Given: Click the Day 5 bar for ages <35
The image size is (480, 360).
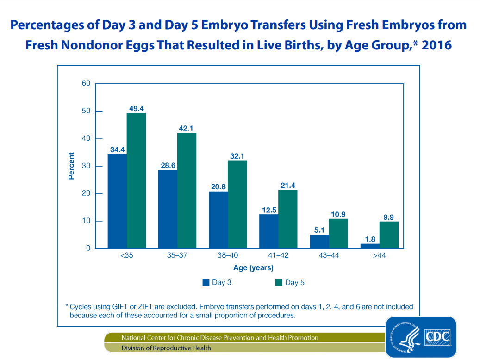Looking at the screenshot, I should pos(136,180).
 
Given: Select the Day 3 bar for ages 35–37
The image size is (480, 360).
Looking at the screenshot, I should pos(168,209).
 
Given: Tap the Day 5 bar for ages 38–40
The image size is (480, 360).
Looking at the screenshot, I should pos(237,204).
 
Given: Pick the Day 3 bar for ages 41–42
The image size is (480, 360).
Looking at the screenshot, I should pos(268,231).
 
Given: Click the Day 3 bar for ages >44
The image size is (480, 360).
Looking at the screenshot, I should pos(369,246).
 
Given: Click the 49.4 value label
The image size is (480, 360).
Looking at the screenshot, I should pos(136,108).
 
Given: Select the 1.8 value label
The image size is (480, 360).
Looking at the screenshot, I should pos(369,239).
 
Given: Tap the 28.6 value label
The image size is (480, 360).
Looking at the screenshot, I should pos(168,165).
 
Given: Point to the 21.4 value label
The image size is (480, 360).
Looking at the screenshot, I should pos(287,185).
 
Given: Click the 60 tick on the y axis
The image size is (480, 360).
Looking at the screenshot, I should pos(86,84).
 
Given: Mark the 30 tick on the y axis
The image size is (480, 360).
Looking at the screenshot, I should pos(86,166).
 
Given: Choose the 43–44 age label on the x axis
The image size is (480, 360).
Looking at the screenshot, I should pos(329,256).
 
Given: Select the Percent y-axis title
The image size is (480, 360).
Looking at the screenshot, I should pos(71,166).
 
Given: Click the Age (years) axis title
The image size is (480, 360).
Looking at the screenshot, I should pos(253,268).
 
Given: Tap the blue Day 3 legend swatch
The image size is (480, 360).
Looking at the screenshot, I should pos(206,282).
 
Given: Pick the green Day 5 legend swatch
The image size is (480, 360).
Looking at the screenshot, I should pos(279,282).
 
